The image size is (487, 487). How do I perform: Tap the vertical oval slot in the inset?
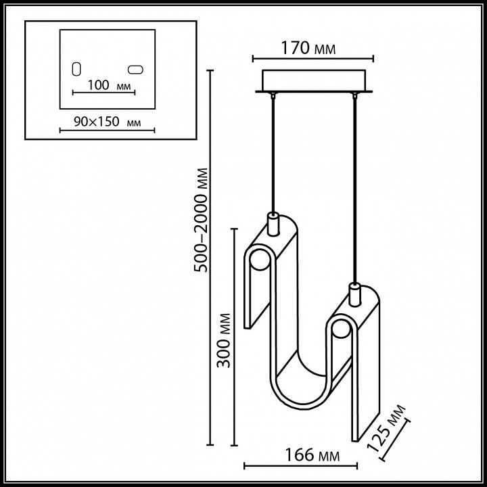[76, 69]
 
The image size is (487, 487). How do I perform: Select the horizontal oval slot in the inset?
[135, 69]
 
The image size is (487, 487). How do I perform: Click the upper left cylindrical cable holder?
[273, 223]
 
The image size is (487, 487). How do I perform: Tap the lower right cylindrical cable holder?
[353, 294]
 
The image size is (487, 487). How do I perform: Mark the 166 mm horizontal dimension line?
[300, 465]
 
